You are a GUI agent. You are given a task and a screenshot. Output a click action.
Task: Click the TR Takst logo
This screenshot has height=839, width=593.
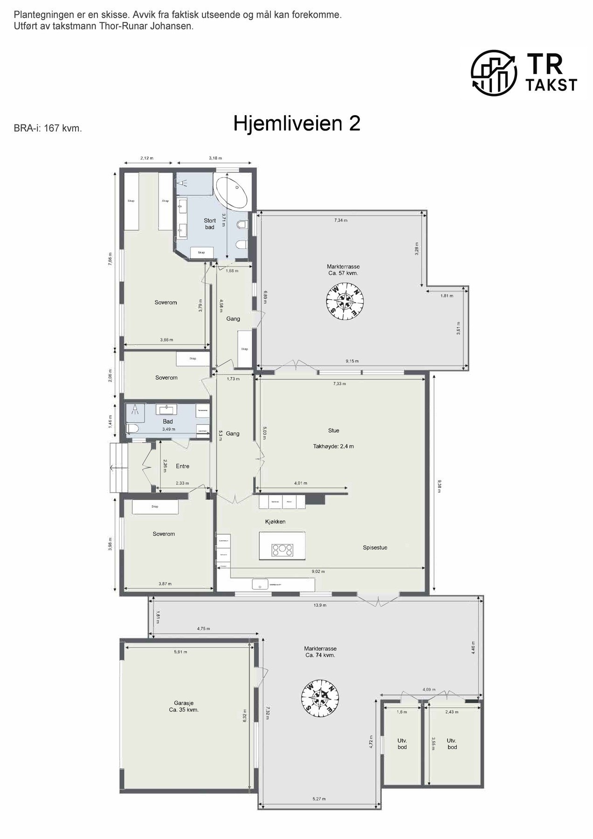pos(524,72)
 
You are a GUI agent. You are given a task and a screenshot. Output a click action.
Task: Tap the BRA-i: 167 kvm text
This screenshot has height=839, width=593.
pos(48,128)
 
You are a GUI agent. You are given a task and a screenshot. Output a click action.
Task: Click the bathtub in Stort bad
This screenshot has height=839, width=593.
pos(231,192)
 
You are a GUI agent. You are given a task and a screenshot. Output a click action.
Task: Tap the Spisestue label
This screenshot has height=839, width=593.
pos(375,547)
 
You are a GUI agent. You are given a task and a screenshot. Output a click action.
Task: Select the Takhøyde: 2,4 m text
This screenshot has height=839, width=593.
pos(333,446)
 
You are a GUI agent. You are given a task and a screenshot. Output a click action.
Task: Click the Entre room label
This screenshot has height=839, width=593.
pos(182,466)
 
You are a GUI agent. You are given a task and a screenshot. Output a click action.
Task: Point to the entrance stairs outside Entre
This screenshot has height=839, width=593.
pos(118,468)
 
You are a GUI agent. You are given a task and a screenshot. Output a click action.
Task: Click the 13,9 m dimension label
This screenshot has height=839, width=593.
pos(320,605)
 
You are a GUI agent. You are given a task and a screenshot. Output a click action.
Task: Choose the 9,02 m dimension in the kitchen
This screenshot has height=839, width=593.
pos(318,571)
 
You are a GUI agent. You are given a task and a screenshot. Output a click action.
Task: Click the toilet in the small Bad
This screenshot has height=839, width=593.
pos(132,429)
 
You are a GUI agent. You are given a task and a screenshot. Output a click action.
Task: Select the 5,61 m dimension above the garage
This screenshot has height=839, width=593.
pos(180,652)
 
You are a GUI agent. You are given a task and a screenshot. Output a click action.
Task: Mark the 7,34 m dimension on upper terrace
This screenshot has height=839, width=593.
pos(341,220)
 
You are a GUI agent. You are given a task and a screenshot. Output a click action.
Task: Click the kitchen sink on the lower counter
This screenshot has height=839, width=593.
pos(258,584)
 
